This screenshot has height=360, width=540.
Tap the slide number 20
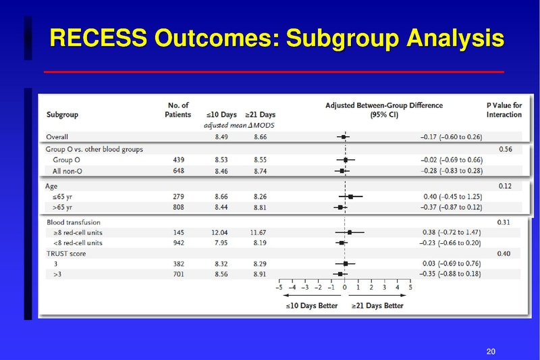[491, 351]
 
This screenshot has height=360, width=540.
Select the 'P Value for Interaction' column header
[504, 110]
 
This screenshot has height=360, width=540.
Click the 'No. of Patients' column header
[178, 110]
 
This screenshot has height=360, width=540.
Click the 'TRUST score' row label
[65, 253]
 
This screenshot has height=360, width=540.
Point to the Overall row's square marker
[343, 137]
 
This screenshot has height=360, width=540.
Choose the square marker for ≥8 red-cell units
[350, 232]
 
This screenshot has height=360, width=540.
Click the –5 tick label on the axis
[278, 286]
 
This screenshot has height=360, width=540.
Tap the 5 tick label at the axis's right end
[410, 286]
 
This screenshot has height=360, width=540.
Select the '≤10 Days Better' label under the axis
[309, 305]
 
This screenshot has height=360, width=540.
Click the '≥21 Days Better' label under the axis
[377, 305]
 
